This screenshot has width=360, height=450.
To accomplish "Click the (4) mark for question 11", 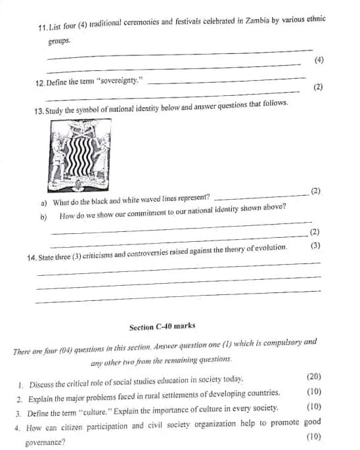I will pyautogui.click(x=319, y=60).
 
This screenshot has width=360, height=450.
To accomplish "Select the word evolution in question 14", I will pyautogui.click(x=268, y=247).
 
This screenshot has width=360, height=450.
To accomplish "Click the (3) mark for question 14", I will pyautogui.click(x=315, y=246).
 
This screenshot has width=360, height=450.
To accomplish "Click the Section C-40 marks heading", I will pyautogui.click(x=162, y=326).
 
